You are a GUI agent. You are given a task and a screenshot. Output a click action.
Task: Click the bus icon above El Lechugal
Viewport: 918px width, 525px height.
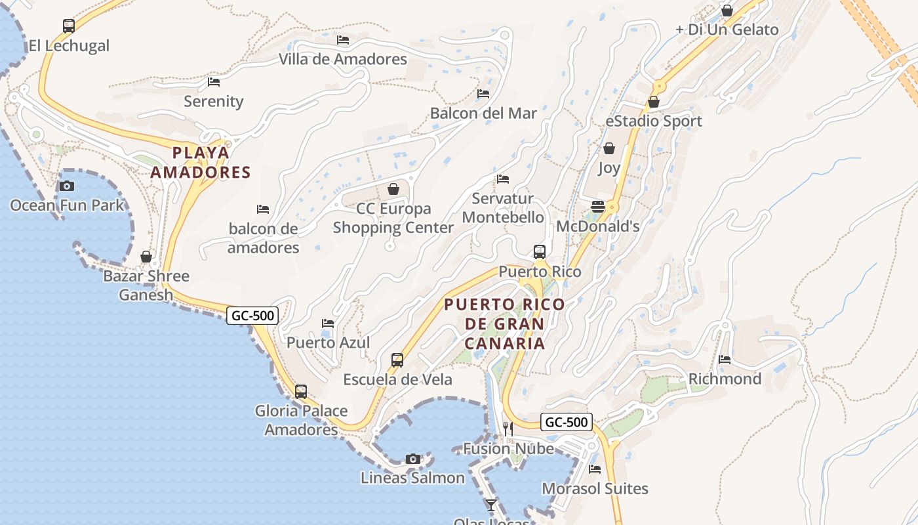click(69, 26)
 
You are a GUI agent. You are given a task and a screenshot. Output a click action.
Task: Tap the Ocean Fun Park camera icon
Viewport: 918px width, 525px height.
click(67, 186)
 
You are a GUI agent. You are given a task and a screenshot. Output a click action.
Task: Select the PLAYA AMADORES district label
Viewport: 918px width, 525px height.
click(201, 163)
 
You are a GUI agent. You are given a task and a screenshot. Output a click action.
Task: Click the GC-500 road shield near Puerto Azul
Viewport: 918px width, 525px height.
click(253, 316)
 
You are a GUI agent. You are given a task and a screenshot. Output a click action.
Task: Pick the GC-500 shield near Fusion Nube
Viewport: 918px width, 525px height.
click(567, 422)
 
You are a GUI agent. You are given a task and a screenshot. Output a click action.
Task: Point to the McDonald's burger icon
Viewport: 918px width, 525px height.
click(597, 206)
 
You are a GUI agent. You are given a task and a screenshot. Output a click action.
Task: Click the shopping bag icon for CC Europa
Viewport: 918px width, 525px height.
click(393, 189)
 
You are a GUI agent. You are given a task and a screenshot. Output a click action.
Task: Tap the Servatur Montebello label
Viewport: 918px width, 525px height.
click(503, 208)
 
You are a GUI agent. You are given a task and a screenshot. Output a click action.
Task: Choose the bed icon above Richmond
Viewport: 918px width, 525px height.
click(725, 359)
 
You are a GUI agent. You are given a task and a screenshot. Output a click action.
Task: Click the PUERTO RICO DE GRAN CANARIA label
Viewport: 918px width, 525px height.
click(504, 324)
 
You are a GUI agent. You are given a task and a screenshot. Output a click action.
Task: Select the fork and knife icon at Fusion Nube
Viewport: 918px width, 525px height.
click(508, 429)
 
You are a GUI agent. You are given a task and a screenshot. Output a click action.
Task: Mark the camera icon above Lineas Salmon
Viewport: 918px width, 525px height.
click(412, 458)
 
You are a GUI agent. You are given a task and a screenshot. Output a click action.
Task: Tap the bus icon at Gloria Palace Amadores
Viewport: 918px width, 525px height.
click(301, 392)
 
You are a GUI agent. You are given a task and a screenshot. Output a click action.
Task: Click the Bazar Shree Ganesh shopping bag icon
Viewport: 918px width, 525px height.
click(146, 257)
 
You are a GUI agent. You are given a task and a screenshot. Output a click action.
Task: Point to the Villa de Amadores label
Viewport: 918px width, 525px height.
click(343, 59)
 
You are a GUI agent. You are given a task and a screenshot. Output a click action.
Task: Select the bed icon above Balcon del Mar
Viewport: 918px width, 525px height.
click(483, 94)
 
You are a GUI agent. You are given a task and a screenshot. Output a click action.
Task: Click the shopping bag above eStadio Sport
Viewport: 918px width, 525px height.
click(654, 102)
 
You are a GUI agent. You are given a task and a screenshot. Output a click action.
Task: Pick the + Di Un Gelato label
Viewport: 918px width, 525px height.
click(727, 30)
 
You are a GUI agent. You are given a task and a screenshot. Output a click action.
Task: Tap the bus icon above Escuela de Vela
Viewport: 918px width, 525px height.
click(397, 360)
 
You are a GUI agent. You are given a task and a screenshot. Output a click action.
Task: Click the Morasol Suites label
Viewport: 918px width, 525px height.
click(595, 489)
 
